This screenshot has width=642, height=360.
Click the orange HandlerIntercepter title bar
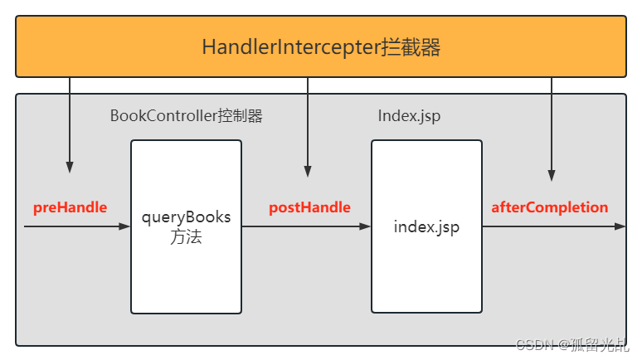[320, 46]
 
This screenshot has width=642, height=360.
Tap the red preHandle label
[70, 207]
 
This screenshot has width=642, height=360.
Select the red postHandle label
[309, 207]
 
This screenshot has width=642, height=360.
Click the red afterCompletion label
[549, 207]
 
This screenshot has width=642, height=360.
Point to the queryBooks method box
[186, 226]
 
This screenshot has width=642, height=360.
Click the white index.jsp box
[426, 226]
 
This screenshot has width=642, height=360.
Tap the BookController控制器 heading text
[186, 116]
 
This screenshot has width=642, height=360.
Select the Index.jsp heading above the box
[409, 116]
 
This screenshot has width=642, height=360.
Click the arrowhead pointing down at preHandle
[70, 167]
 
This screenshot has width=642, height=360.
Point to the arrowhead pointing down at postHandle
[309, 172]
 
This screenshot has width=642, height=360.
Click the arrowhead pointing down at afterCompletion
[552, 176]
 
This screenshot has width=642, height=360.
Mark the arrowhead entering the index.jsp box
[365, 226]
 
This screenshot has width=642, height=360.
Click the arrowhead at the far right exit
[620, 226]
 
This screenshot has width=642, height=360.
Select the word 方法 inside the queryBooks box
[186, 237]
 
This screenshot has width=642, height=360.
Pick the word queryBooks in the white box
[186, 218]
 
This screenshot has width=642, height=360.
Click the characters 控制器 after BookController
[240, 116]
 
